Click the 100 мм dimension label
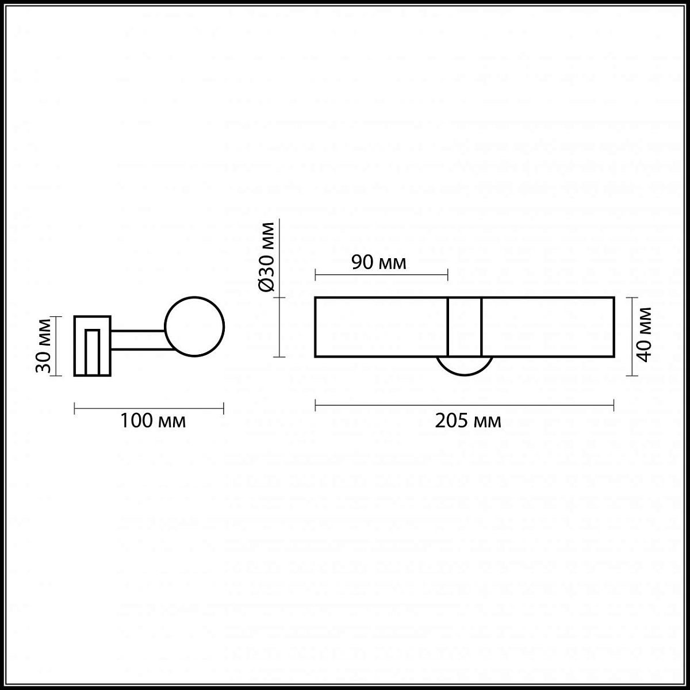click(153, 421)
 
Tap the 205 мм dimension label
click(468, 421)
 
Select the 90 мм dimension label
click(379, 262)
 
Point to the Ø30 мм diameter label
click(266, 256)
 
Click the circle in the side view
click(194, 327)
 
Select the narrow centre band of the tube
click(465, 327)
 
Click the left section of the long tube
click(381, 327)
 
